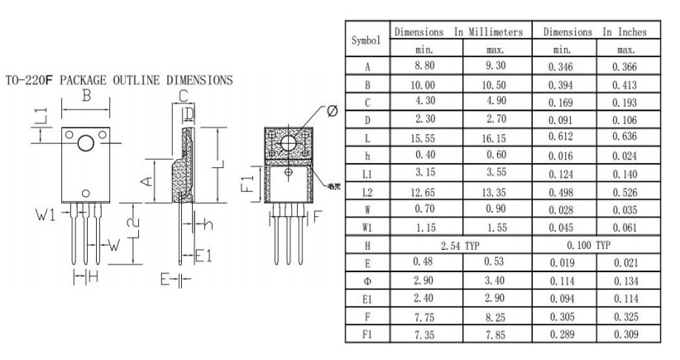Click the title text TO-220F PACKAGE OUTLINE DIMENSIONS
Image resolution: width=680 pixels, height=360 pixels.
pos(118,80)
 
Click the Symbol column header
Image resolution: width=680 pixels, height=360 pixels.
pos(366,40)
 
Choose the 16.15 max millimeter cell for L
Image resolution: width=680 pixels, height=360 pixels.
pos(495,138)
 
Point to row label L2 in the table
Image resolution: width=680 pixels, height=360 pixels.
pos(366,192)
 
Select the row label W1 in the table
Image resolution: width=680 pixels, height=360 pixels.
pos(366,228)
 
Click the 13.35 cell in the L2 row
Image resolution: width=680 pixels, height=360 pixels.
pos(495,192)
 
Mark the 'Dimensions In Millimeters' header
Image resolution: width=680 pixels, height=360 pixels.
pos(459,31)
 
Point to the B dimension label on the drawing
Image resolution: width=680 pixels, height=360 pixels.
pos(85,96)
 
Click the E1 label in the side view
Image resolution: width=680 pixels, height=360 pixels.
pos(204,257)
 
